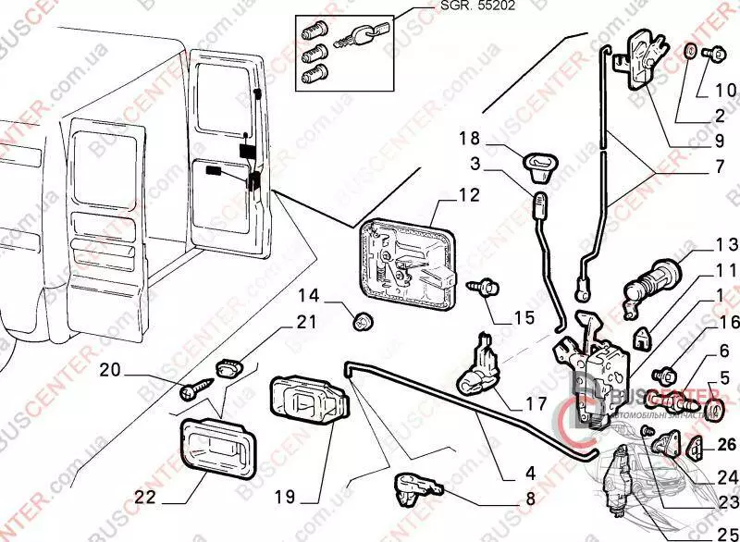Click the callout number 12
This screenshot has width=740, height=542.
pos(469,195)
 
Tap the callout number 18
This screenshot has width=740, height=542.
pos(470,139)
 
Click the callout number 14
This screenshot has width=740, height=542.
pos(308,296)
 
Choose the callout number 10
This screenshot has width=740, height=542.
pos(724,91)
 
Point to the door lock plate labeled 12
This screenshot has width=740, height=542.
pos(407,261)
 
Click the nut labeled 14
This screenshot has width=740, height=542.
pos(363,321)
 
